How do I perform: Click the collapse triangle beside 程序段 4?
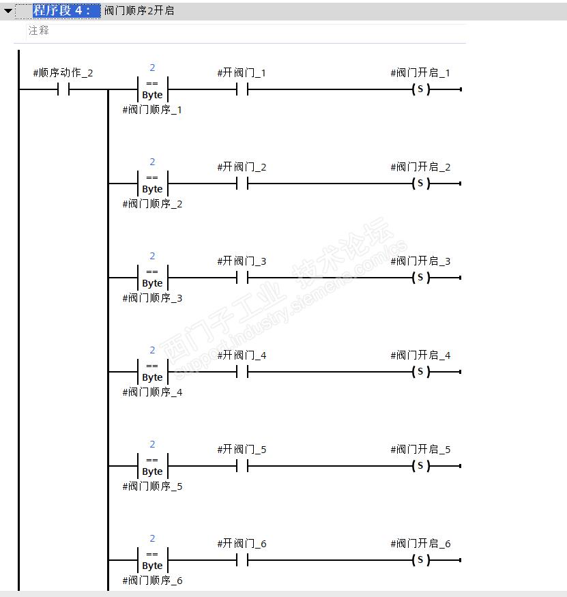pyautogui.click(x=8, y=11)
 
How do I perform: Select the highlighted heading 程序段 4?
pyautogui.click(x=61, y=11)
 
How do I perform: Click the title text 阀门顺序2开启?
pyautogui.click(x=139, y=11)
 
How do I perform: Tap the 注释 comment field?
pyautogui.click(x=39, y=31)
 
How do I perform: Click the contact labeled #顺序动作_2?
pyautogui.click(x=63, y=89)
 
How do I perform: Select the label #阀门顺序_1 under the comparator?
pyautogui.click(x=152, y=110)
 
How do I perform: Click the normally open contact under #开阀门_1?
pyautogui.click(x=242, y=89)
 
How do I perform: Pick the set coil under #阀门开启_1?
pyautogui.click(x=420, y=89)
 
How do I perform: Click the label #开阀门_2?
pyautogui.click(x=242, y=167)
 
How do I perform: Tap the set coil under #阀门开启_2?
pyautogui.click(x=420, y=184)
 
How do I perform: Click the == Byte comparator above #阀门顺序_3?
pyautogui.click(x=152, y=278)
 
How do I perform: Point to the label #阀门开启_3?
pyautogui.click(x=420, y=261)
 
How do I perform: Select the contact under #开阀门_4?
pyautogui.click(x=242, y=372)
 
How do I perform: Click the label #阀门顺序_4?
pyautogui.click(x=152, y=392)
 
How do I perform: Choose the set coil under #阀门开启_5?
pyautogui.click(x=420, y=466)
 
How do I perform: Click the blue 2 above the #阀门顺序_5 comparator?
pyautogui.click(x=152, y=444)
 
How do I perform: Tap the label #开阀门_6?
pyautogui.click(x=242, y=544)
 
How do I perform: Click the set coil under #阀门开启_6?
pyautogui.click(x=420, y=560)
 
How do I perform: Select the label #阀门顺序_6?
pyautogui.click(x=152, y=581)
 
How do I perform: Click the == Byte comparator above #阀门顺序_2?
pyautogui.click(x=152, y=184)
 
